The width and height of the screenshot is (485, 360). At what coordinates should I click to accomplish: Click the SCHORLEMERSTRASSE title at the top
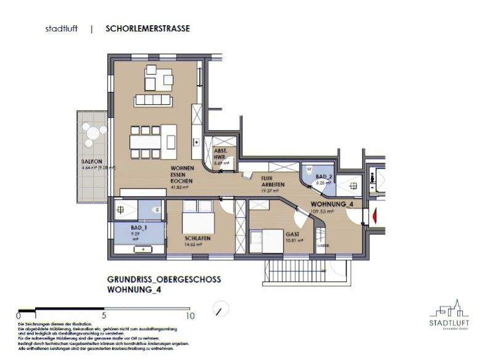[x=147, y=28]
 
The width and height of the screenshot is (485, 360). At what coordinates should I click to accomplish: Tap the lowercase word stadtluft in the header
[x=62, y=29]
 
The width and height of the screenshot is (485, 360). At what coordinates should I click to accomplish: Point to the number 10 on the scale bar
[x=190, y=315]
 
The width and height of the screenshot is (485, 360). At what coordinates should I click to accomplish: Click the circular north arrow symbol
[x=219, y=308]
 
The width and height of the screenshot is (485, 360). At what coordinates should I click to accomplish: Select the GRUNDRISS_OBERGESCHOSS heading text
[x=163, y=279]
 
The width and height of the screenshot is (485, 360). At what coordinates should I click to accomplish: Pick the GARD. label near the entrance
[x=320, y=245]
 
